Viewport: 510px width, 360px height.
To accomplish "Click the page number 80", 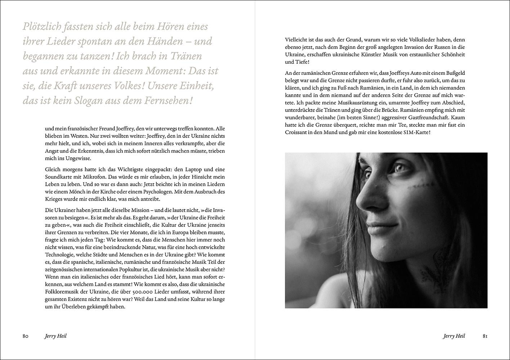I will pyautogui.click(x=25, y=336).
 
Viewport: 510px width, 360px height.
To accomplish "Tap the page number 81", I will pyautogui.click(x=485, y=336).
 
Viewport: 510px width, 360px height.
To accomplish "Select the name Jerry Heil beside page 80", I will pyautogui.click(x=55, y=336).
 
